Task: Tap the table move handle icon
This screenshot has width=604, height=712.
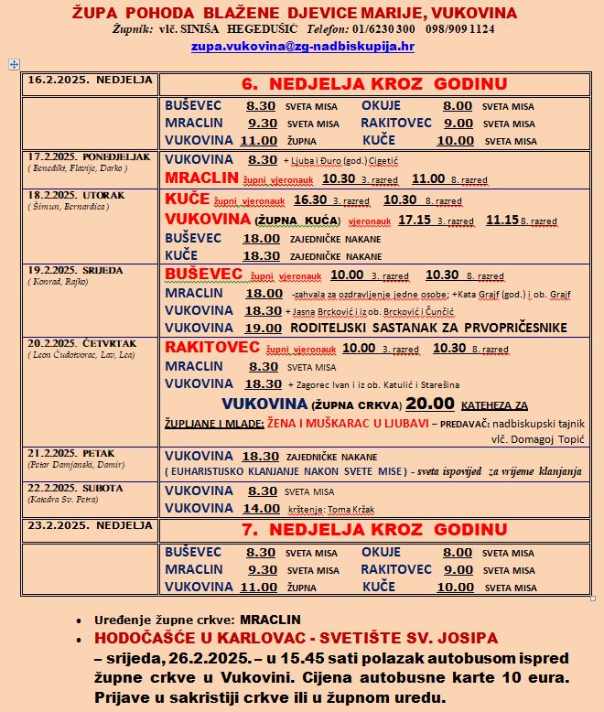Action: pos(13,64)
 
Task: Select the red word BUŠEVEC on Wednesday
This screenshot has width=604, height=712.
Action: pos(203,275)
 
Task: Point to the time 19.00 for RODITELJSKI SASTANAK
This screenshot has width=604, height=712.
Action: pos(263,328)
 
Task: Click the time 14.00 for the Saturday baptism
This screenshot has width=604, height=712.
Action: pos(261,508)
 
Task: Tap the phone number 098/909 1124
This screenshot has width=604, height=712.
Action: pos(458,28)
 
